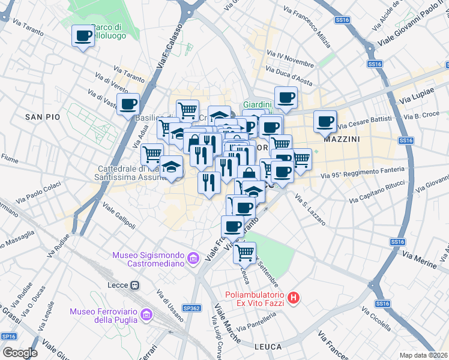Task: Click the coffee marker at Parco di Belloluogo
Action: click(83, 35)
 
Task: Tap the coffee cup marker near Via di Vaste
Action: click(128, 104)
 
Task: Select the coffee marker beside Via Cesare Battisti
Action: click(325, 122)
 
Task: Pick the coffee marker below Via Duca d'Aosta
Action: click(286, 97)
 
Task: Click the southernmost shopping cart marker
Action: click(244, 253)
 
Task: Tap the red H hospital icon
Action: click(293, 298)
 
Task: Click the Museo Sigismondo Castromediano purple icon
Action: click(193, 259)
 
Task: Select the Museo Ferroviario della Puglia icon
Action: click(145, 314)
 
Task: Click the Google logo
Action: click(19, 352)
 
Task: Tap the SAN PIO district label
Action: click(43, 117)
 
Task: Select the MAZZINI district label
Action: click(342, 139)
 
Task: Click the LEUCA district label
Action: click(268, 347)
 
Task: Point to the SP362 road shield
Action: click(191, 308)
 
